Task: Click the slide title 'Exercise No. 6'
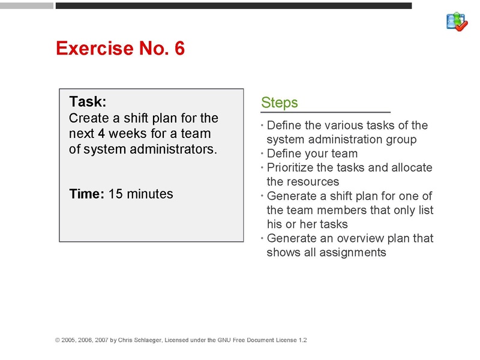tap(120, 49)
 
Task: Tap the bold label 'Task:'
tap(88, 101)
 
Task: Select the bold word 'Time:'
tap(87, 194)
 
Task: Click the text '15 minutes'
tap(140, 194)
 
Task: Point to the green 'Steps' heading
tap(280, 103)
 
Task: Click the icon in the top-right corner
tap(457, 21)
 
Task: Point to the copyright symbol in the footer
tap(58, 340)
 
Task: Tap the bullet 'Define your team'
tap(312, 154)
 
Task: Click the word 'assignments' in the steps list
tap(352, 252)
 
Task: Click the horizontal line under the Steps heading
tap(325, 112)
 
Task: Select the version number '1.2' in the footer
tap(302, 340)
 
